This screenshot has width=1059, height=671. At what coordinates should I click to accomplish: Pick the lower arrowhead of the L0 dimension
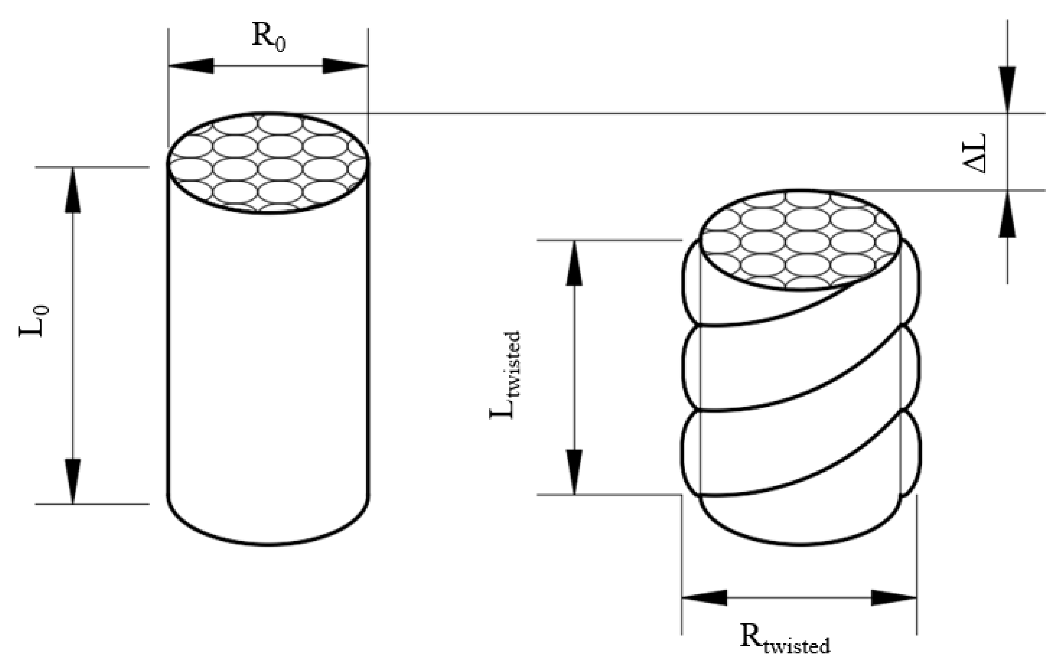pos(73,481)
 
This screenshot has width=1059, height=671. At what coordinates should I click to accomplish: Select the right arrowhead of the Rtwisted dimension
pos(894,598)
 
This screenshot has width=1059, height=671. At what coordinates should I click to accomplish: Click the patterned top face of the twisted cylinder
pos(799,240)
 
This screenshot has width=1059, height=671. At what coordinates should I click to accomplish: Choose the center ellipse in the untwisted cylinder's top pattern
pos(280,170)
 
